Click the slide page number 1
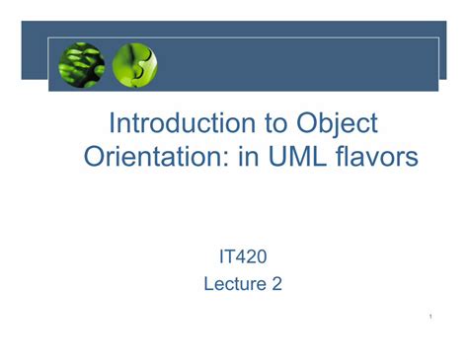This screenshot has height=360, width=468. pyautogui.click(x=432, y=316)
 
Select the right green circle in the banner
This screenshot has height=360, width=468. pyautogui.click(x=135, y=65)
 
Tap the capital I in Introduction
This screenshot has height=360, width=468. pyautogui.click(x=112, y=123)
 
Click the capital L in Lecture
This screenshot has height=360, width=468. pyautogui.click(x=208, y=285)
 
